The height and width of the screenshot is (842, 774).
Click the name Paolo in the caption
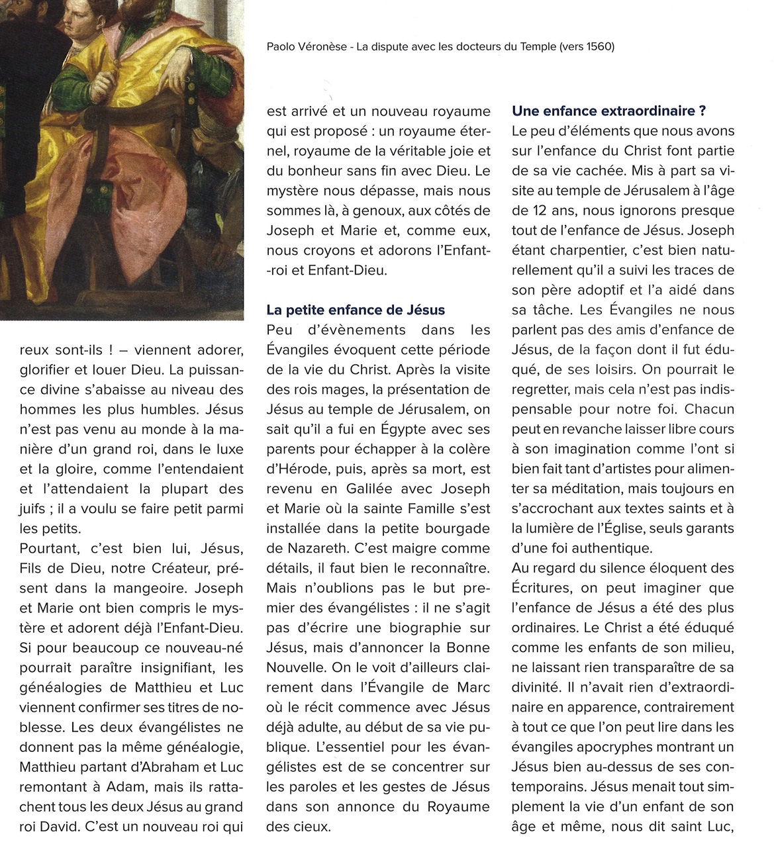click(x=281, y=47)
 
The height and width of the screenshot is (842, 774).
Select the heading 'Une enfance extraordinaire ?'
click(x=608, y=111)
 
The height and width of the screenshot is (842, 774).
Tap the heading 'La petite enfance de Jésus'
click(x=356, y=310)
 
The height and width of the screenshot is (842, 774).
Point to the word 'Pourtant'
click(x=48, y=548)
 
